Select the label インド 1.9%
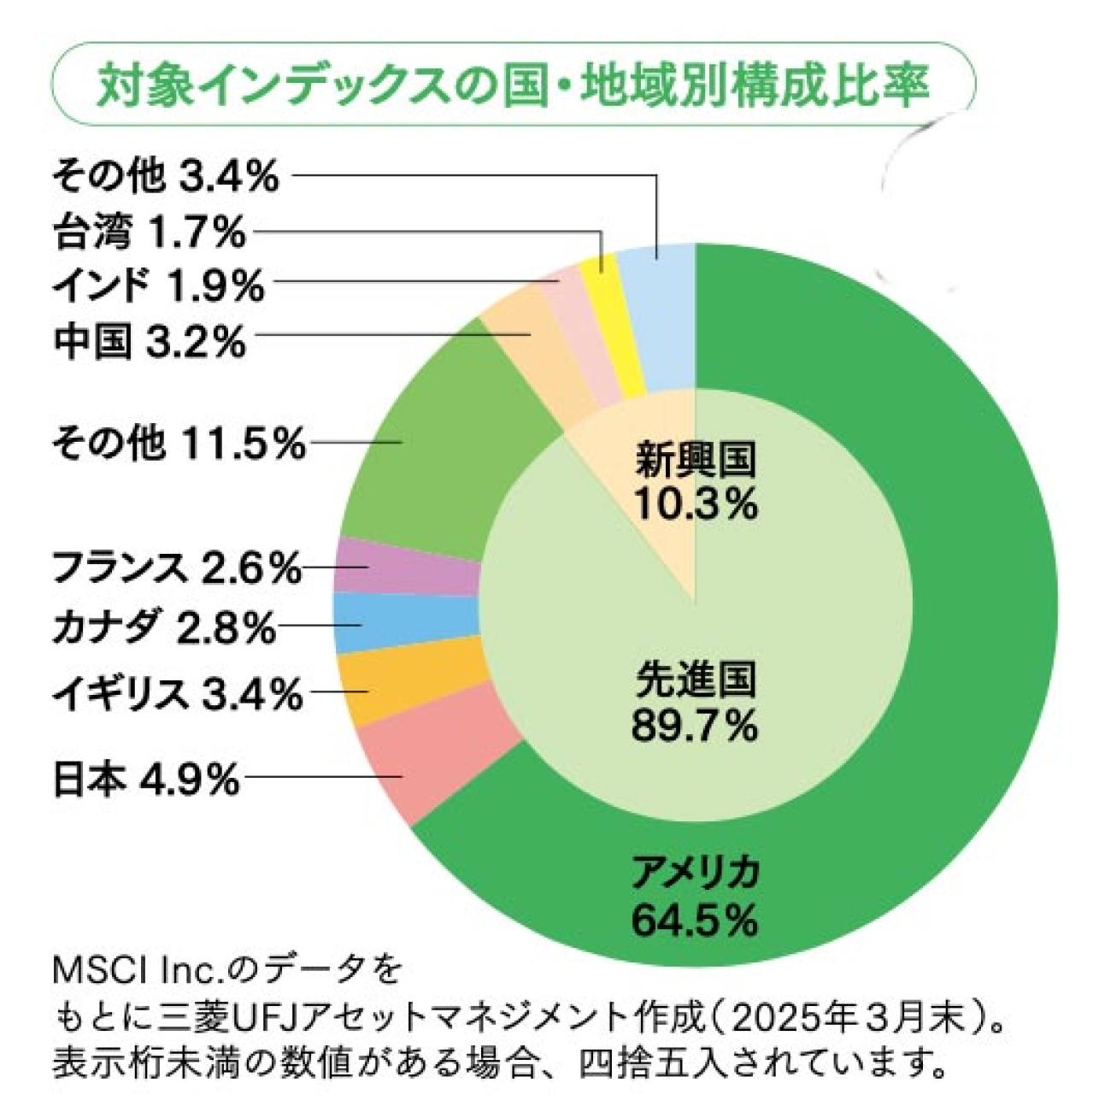coord(158,287)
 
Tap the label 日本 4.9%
coord(145,780)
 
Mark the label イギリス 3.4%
coord(176,693)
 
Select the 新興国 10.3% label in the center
coord(694,483)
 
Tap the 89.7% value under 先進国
coord(694,727)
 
